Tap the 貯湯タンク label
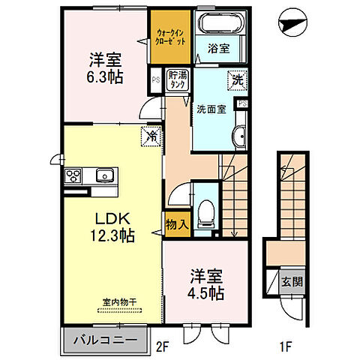click(178, 79)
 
